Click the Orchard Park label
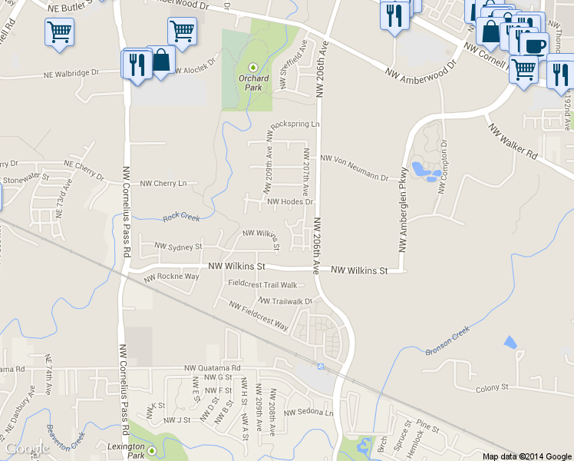pos(253,82)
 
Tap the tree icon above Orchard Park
pos(254,68)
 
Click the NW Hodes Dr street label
pos(291,202)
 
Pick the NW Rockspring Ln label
pos(292,124)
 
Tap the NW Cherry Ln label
pos(163,184)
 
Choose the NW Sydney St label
pos(178,247)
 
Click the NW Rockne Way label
pos(171,277)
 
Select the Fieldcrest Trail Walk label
pos(262,284)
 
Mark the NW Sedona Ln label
pos(309,413)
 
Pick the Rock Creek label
pos(181,217)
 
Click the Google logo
pos(28,449)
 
